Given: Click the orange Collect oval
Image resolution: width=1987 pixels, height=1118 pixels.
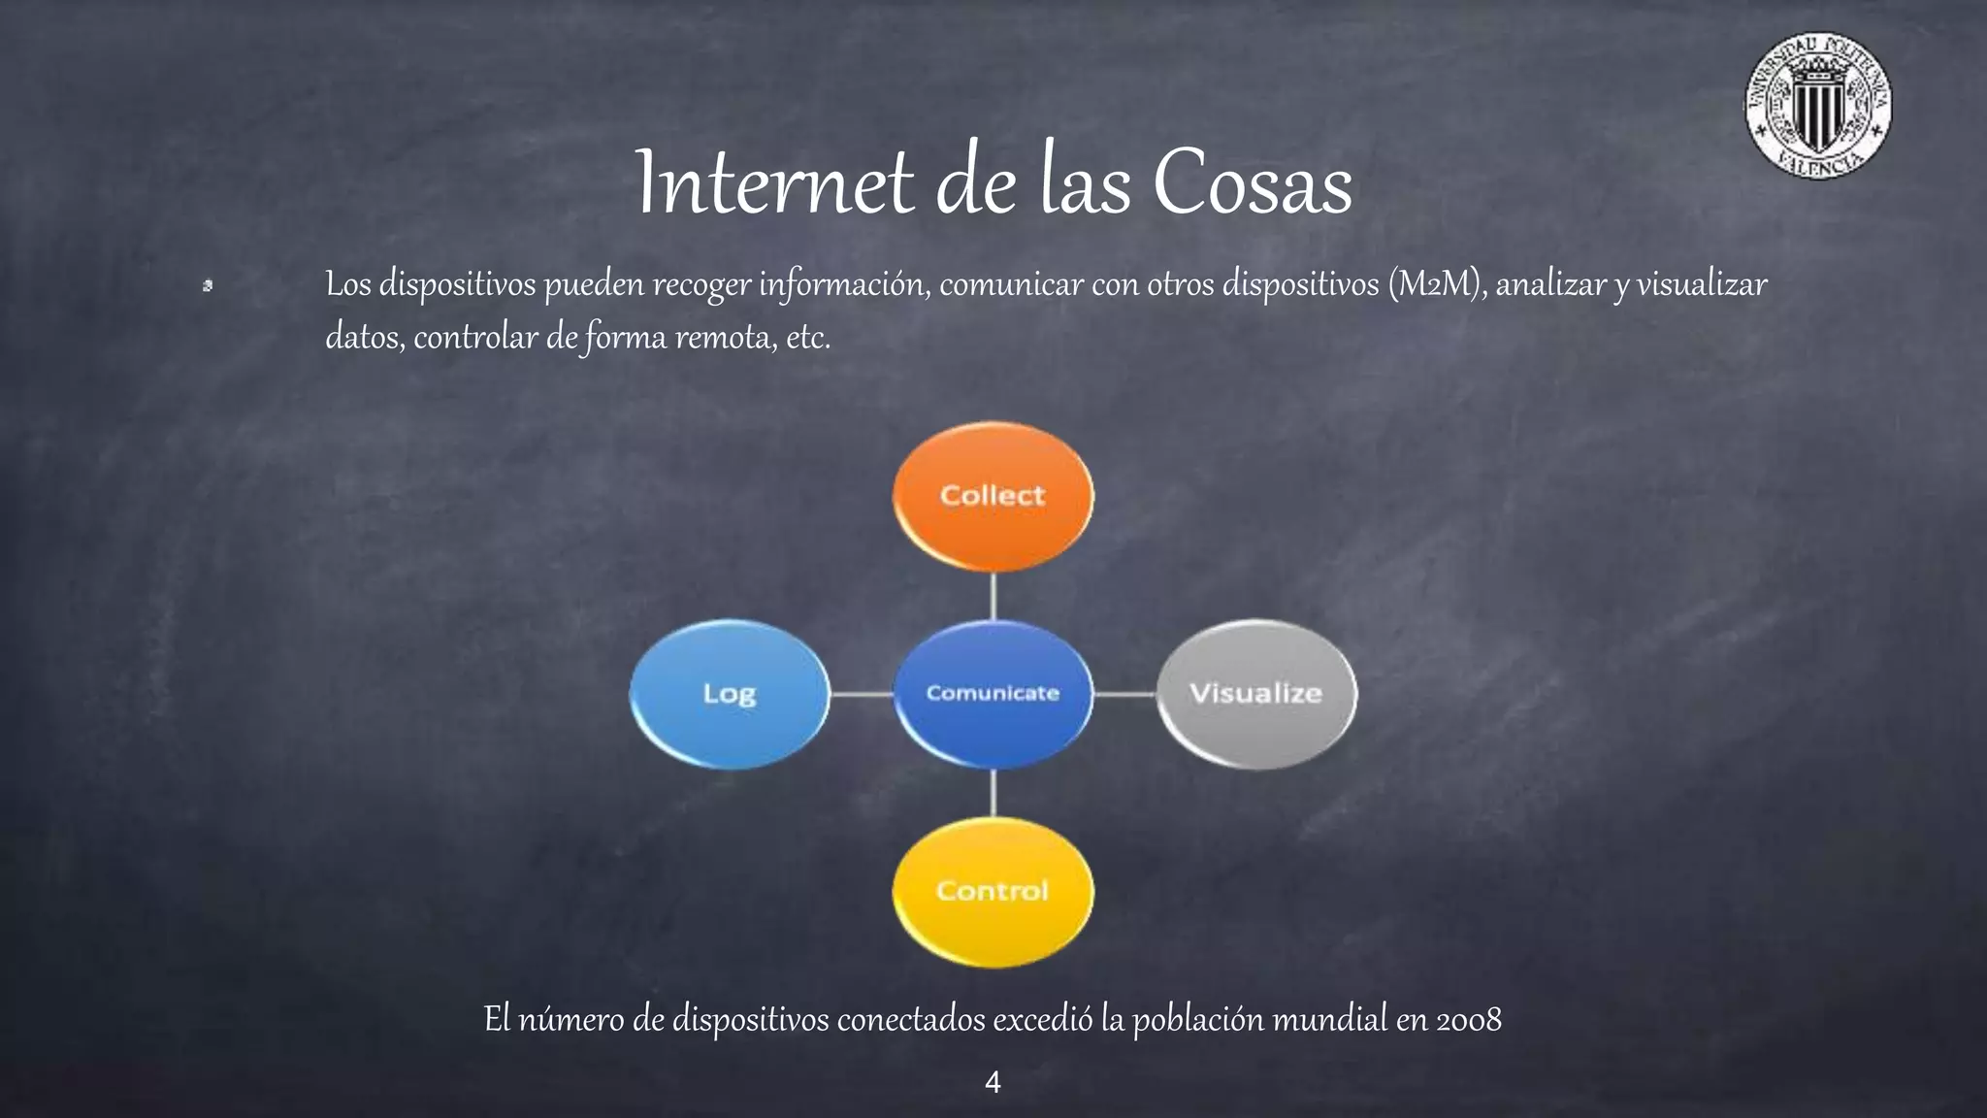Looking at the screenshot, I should (x=993, y=496).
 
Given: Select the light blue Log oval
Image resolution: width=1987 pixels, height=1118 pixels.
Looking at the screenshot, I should (x=730, y=694).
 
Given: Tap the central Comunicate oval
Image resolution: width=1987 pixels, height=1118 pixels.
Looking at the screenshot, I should (x=993, y=694).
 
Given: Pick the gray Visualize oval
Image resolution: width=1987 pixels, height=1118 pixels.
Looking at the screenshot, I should (x=1256, y=694).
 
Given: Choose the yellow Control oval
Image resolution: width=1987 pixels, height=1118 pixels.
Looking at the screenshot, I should (x=993, y=891).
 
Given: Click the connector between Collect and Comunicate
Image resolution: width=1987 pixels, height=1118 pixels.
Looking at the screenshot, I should (x=993, y=596).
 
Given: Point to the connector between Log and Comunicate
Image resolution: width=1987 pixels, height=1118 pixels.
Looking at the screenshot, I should (x=862, y=694).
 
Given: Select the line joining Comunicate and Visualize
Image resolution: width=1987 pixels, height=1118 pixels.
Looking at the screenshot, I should (x=1124, y=694).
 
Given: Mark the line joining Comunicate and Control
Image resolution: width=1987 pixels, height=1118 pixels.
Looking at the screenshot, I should (x=993, y=793).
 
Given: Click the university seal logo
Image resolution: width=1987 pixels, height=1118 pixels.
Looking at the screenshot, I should (x=1818, y=106).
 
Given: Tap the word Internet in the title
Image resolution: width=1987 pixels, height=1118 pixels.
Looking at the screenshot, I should (x=774, y=184).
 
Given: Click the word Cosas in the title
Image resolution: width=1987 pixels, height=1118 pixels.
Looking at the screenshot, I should (x=1253, y=184).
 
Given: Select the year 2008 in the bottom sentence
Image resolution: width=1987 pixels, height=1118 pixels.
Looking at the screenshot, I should (x=1469, y=1020).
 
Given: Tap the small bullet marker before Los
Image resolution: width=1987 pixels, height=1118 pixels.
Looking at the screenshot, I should (x=208, y=285).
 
